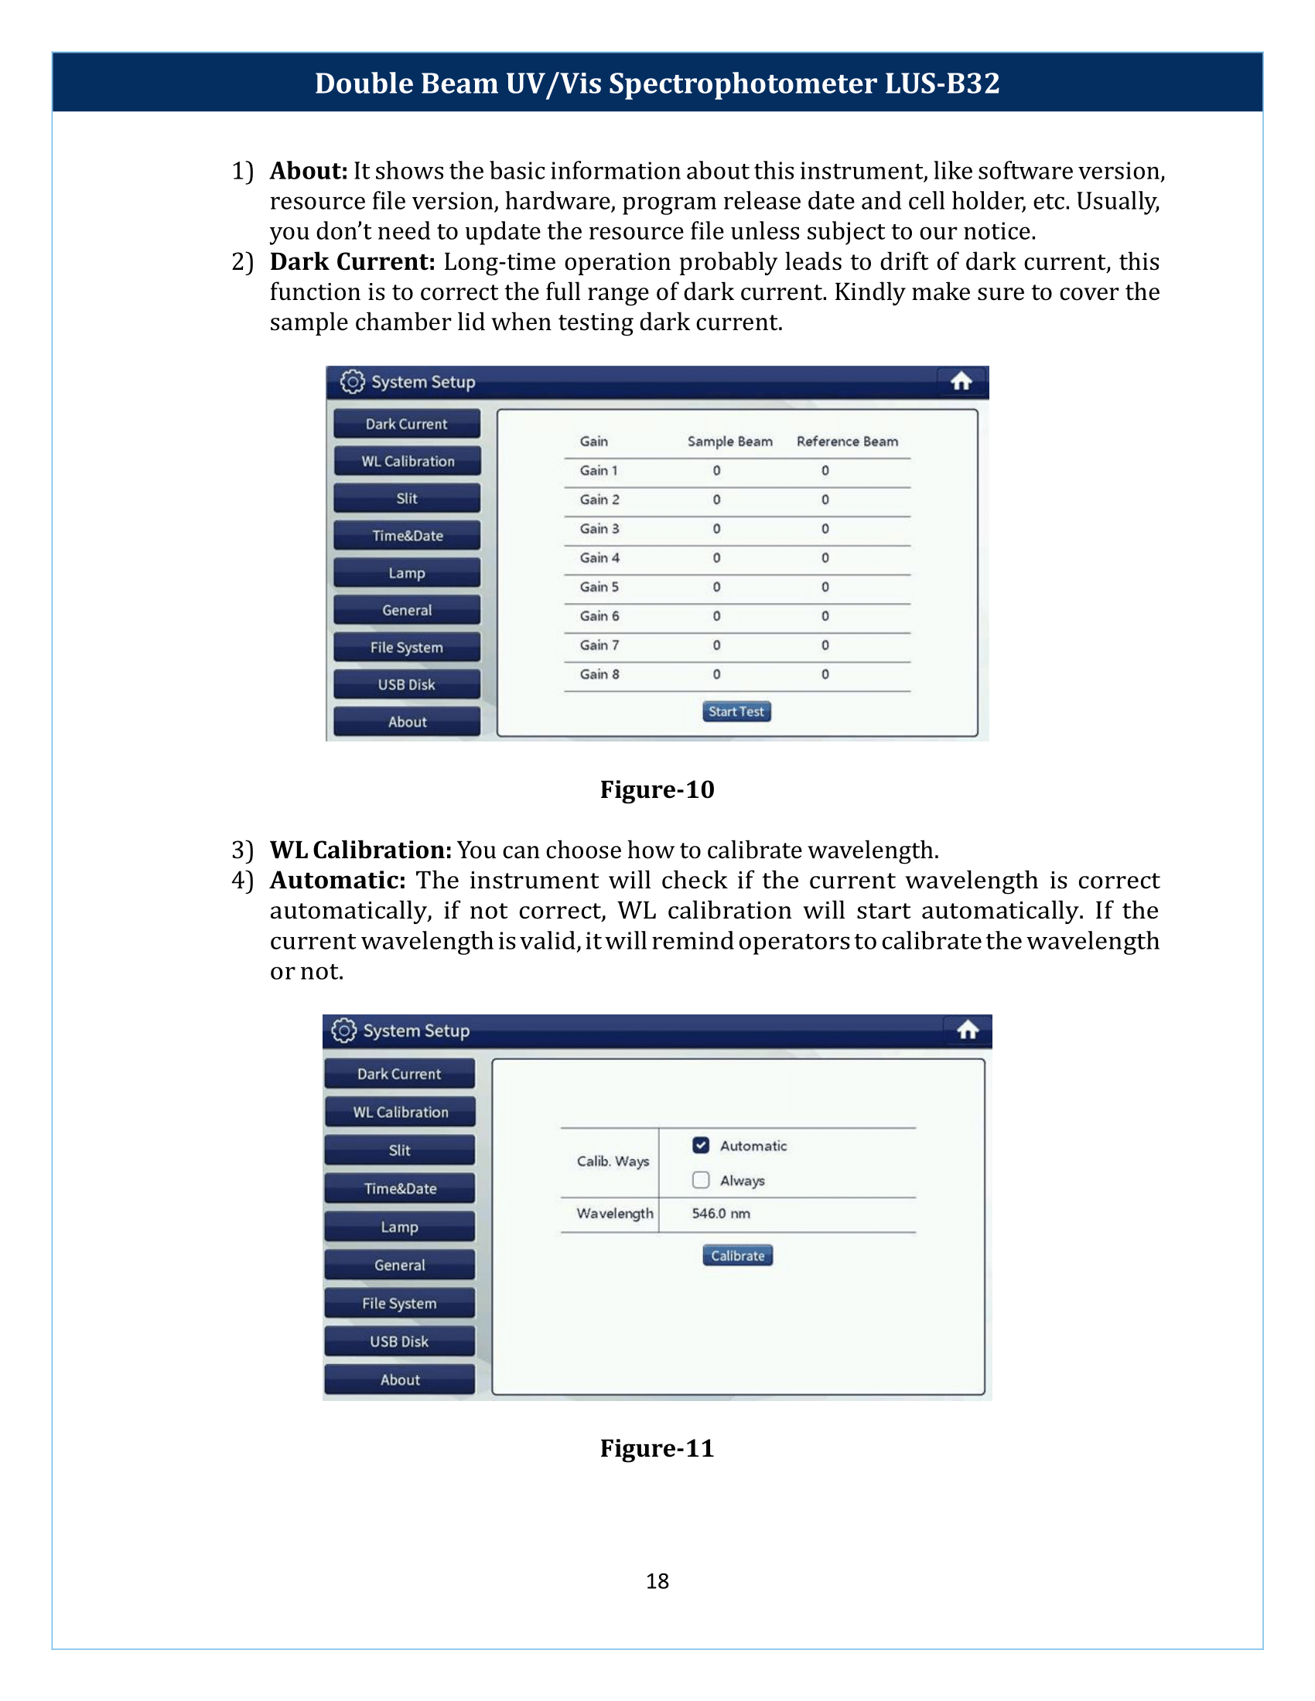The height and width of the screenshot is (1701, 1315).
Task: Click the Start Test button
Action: (736, 711)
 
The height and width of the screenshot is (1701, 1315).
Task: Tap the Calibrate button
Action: (737, 1255)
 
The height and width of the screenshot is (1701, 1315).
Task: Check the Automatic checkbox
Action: (701, 1145)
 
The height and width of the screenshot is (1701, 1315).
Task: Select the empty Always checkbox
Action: (701, 1180)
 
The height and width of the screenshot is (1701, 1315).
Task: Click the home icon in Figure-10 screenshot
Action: (961, 382)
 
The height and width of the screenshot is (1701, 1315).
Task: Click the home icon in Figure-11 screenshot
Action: (968, 1031)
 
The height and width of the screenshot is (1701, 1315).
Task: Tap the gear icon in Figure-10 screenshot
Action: (352, 382)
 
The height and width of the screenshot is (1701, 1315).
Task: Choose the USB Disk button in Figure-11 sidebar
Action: (400, 1341)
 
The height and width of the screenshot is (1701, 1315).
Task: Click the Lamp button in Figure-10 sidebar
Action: (407, 573)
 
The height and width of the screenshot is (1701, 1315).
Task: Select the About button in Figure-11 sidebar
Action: (400, 1379)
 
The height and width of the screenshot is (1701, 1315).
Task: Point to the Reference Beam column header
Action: (847, 441)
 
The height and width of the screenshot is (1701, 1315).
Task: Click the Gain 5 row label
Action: (599, 588)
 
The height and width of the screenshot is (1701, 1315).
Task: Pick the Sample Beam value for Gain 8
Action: (717, 674)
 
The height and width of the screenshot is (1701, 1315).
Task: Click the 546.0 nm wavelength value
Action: (721, 1213)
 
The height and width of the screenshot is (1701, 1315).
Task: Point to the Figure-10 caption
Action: (657, 789)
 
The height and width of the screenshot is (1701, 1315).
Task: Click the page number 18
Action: (657, 1581)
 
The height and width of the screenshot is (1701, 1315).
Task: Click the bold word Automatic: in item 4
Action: (337, 880)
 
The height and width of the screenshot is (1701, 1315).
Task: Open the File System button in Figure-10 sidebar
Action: (407, 647)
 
